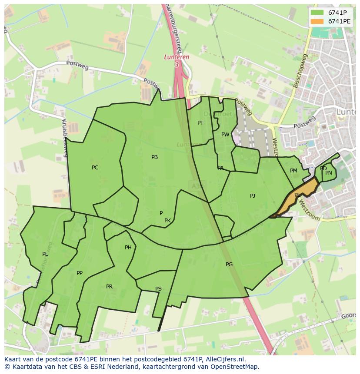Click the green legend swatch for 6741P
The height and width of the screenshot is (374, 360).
click(x=317, y=13)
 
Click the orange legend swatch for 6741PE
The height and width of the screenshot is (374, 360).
click(x=317, y=21)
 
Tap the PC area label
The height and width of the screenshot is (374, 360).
click(x=95, y=168)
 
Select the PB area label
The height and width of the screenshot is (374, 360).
click(x=154, y=157)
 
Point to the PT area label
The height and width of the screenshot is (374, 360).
click(x=200, y=123)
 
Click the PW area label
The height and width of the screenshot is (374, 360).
click(x=225, y=135)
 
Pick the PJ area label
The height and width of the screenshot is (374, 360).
click(x=253, y=196)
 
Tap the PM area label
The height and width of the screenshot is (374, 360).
click(x=293, y=171)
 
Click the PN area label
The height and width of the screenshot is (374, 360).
click(x=329, y=173)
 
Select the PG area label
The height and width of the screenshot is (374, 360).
click(x=229, y=265)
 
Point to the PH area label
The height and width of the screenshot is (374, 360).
click(x=128, y=248)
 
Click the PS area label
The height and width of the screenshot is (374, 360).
click(x=158, y=289)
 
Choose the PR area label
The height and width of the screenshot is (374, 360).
click(x=109, y=287)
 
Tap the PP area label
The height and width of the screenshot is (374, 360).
click(x=79, y=273)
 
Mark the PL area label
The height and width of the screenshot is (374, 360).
click(x=45, y=254)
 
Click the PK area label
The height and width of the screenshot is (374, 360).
click(x=167, y=221)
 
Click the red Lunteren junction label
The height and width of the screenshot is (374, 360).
click(x=176, y=57)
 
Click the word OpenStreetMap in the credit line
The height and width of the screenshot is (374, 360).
click(x=235, y=367)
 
